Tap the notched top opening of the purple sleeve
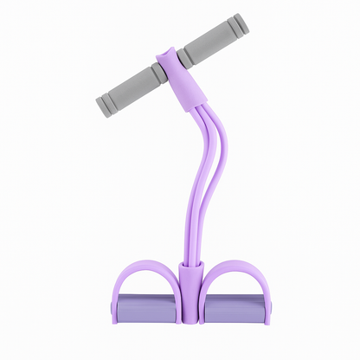[x=163, y=55]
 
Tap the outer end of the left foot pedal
[x=116, y=307]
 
